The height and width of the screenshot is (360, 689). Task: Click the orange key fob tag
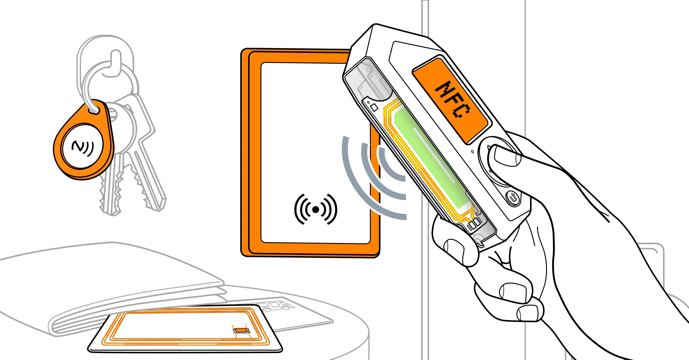click(83, 142)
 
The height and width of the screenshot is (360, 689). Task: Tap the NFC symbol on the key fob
click(82, 148)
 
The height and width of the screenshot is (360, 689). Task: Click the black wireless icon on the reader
click(315, 209)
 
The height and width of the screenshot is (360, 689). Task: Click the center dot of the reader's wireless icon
click(315, 209)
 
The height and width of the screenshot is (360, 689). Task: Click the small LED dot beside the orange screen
click(472, 151)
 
